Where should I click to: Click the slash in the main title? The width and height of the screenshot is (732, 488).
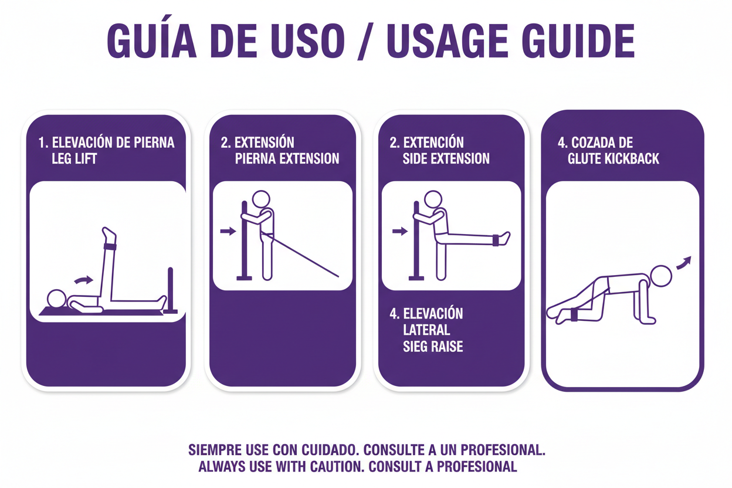coord(365,42)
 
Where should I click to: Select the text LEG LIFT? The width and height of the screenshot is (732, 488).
coord(74,159)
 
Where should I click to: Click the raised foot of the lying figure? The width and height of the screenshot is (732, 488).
coord(109,234)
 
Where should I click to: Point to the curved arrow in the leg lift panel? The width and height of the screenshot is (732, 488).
coord(84,280)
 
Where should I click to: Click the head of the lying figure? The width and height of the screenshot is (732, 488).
coord(56,298)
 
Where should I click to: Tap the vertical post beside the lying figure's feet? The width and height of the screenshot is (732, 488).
coord(170,290)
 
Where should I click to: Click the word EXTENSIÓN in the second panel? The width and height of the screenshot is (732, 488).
coord(264,143)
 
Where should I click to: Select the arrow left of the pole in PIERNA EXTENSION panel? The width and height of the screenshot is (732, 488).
coord(228,231)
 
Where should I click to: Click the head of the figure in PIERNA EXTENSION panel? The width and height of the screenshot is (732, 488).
coord(261,199)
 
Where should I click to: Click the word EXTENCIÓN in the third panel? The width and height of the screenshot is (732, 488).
coord(433,143)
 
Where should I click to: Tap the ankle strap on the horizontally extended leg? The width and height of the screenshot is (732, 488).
coord(496,240)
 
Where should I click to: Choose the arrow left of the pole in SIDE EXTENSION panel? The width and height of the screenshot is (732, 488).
coord(400,232)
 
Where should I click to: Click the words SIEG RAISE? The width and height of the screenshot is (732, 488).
coord(433,347)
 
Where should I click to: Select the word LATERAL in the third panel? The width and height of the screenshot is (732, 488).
coord(426,330)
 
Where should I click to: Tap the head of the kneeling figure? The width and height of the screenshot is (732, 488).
coord(661,276)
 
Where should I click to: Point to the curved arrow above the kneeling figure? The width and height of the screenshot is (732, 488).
coord(684,263)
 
